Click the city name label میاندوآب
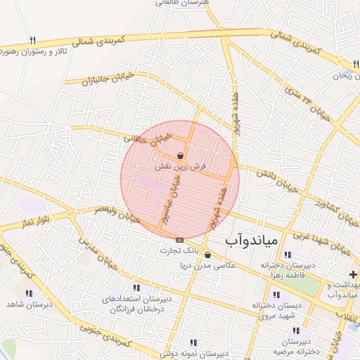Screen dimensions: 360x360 coord(252,241)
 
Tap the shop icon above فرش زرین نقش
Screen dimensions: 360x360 coord(181,155)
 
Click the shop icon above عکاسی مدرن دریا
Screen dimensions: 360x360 coord(207,255)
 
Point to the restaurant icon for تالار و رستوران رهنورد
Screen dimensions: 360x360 coord(32,41)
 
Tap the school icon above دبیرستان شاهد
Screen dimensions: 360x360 coord(29,293)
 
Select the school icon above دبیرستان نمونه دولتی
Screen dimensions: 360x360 coord(193,342)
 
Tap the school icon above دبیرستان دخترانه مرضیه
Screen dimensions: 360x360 coord(296,330)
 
